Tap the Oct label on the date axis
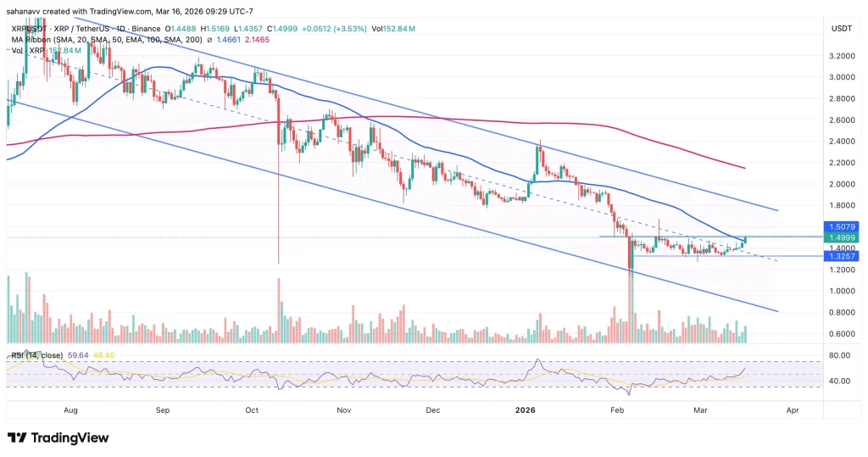click(252, 409)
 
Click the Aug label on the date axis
click(70, 409)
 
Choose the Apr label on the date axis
click(792, 409)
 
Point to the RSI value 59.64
click(86, 354)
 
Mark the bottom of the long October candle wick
click(278, 263)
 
